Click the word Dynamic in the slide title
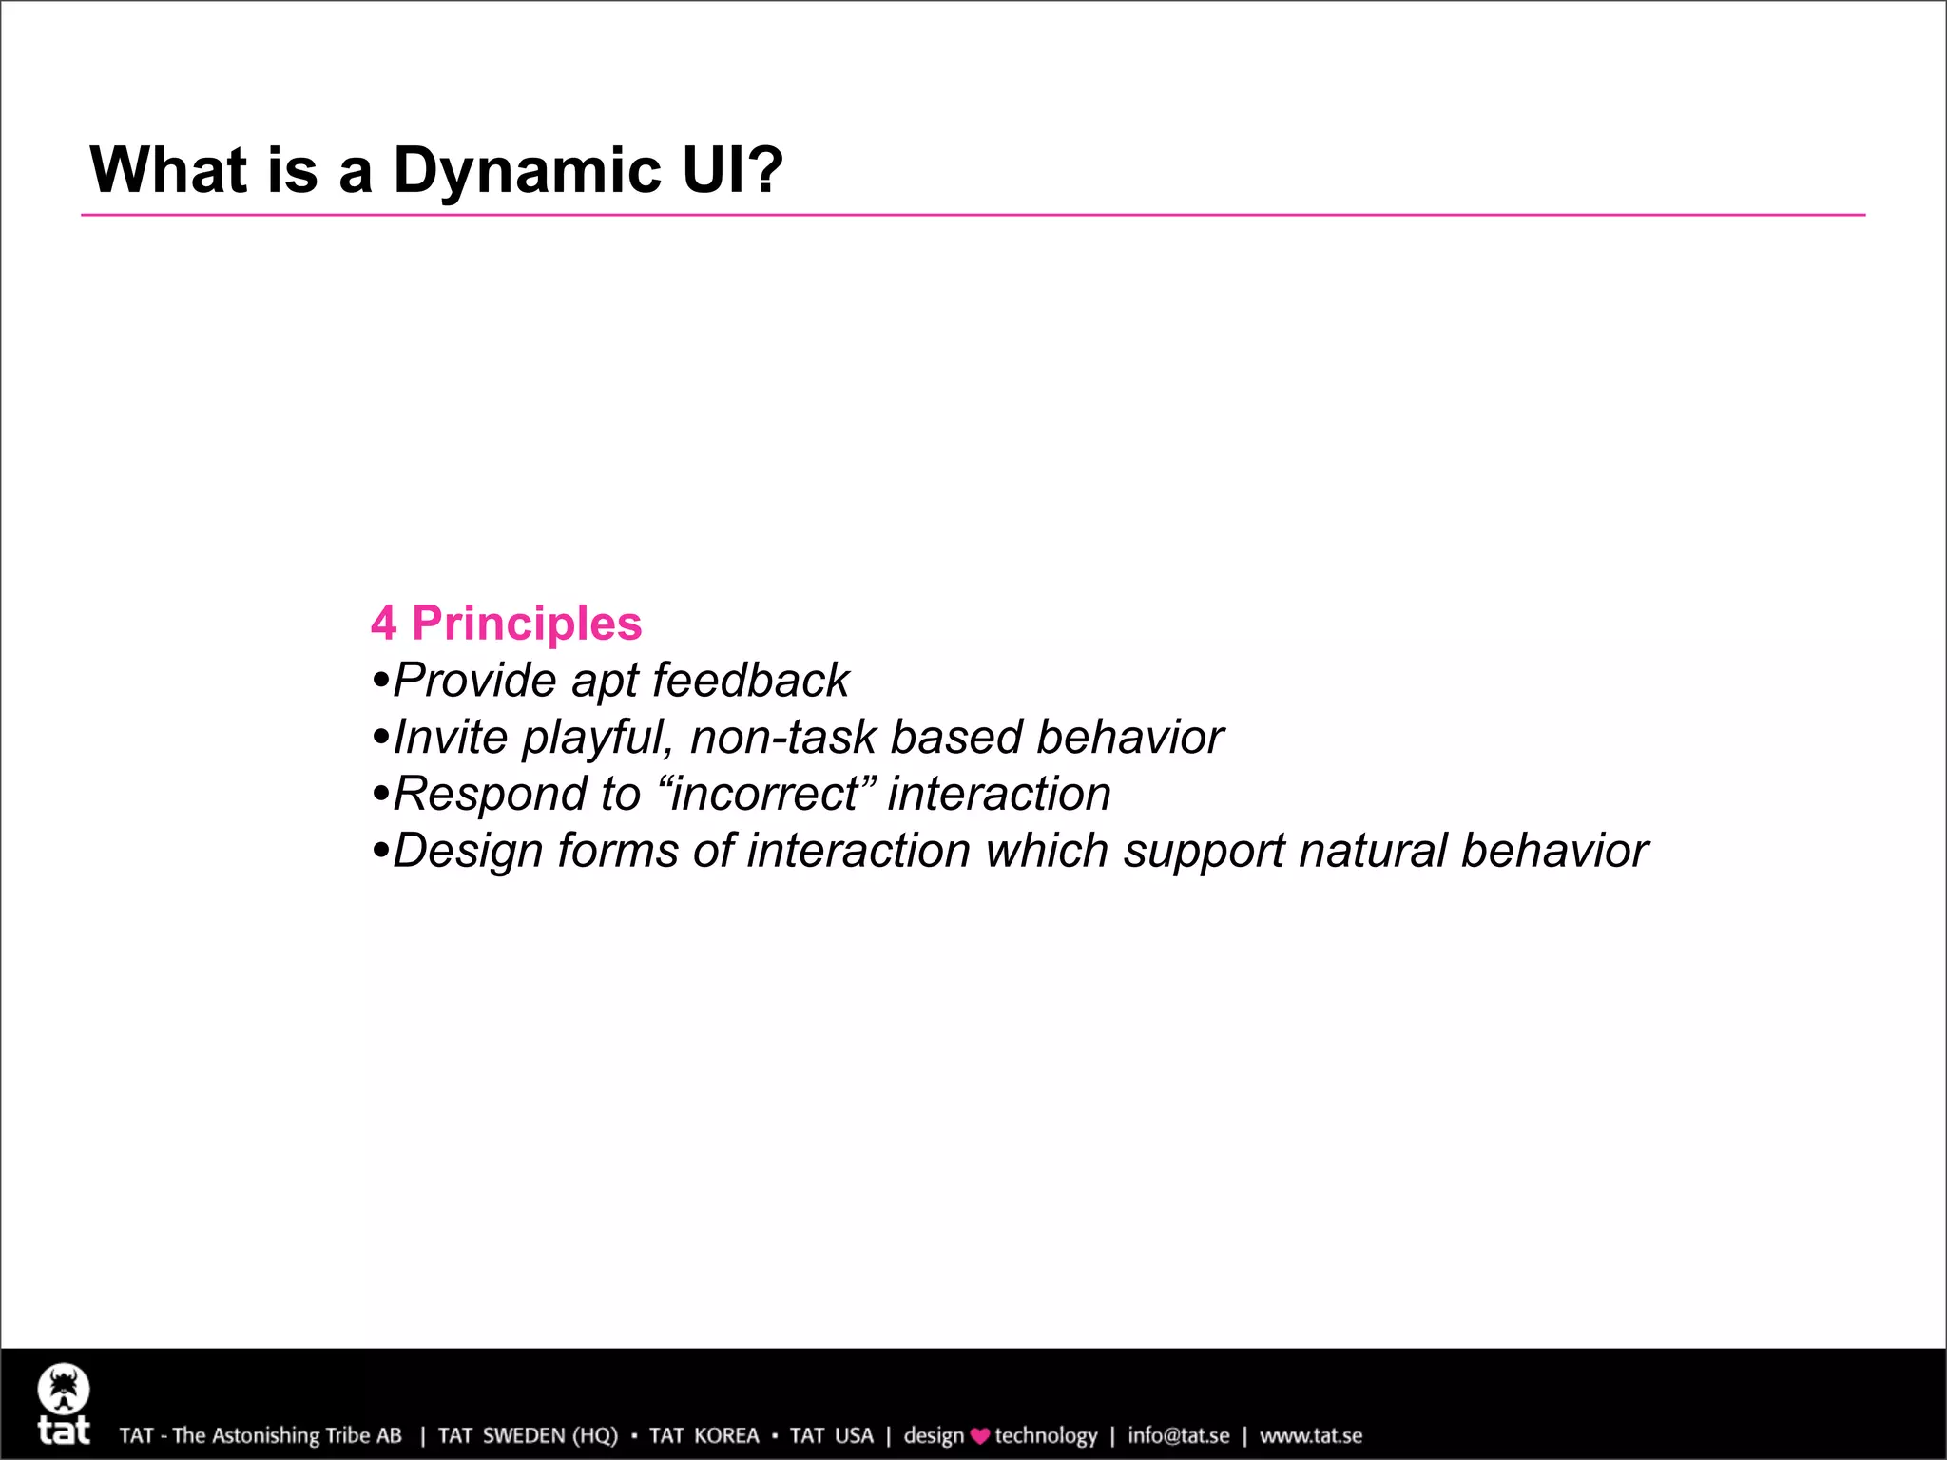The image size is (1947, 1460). (527, 171)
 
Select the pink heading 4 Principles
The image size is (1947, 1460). (506, 624)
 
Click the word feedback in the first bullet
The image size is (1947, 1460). (750, 681)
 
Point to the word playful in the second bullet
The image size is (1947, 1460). (597, 739)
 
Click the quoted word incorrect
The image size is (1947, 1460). (763, 795)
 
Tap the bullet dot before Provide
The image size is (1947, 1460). (381, 682)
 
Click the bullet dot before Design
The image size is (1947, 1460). (381, 852)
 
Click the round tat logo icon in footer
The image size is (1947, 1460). (64, 1390)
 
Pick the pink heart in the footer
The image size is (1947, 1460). (980, 1436)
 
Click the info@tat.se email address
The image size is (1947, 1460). (1178, 1435)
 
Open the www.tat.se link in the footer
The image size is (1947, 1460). (1310, 1435)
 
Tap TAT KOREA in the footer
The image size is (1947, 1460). (704, 1435)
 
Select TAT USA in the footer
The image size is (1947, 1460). (831, 1435)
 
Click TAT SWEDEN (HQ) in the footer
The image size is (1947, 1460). (528, 1435)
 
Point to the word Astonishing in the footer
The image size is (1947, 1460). (265, 1435)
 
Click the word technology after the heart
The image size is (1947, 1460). (1046, 1435)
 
